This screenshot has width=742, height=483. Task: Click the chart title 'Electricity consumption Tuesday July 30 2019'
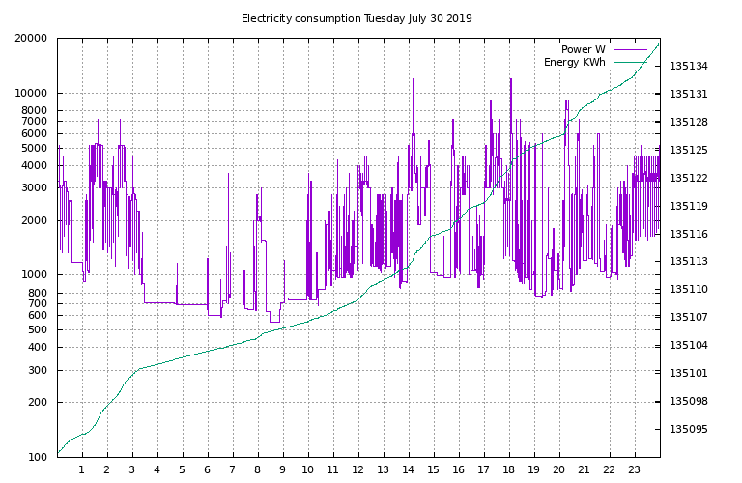click(357, 18)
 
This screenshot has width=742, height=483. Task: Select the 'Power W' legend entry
click(583, 49)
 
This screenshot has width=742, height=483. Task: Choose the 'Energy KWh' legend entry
click(575, 62)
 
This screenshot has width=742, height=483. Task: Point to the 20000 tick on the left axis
click(31, 38)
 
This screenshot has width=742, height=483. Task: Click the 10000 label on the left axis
click(31, 93)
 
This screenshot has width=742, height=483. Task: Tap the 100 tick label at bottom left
click(38, 457)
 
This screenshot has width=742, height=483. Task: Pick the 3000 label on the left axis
click(35, 187)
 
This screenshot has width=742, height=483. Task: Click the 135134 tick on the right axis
click(689, 66)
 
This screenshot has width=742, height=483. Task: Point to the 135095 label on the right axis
click(689, 429)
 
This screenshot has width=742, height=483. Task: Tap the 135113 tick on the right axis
click(689, 261)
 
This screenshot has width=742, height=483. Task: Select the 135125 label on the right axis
click(689, 150)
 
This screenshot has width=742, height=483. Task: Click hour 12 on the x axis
click(357, 469)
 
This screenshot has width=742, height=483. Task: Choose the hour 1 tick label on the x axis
click(82, 469)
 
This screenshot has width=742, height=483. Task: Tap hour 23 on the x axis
click(634, 469)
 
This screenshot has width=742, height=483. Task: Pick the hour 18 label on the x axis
click(508, 469)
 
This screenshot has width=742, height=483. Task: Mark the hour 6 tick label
click(208, 469)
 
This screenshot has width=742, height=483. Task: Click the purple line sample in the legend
click(630, 49)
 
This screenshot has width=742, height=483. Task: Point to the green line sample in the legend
click(630, 62)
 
